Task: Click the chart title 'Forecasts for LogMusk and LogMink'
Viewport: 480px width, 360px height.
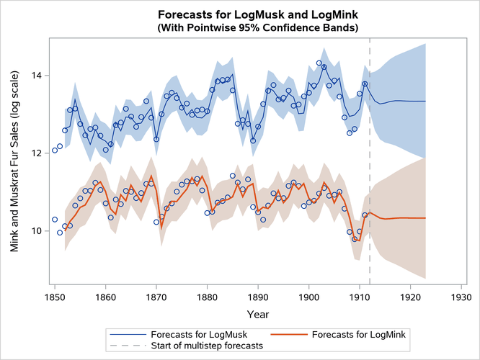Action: [258, 14]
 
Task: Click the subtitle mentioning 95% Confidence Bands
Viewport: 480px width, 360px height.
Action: [258, 27]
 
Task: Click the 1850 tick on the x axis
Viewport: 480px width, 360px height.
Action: [55, 295]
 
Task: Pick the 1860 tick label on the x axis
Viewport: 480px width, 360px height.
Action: [105, 295]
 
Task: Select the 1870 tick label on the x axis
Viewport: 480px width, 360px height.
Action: [156, 295]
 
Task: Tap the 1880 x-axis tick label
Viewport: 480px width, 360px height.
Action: [207, 295]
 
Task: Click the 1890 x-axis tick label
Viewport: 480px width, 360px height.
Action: [258, 295]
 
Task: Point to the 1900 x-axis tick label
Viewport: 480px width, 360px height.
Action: [308, 295]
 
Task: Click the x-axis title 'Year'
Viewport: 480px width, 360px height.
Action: [258, 314]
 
